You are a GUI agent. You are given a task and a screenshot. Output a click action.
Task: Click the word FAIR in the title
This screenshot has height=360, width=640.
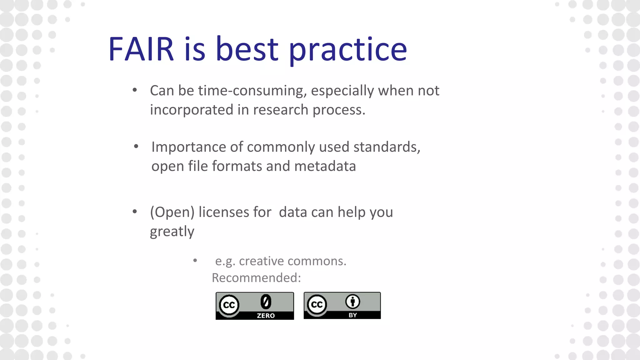141,49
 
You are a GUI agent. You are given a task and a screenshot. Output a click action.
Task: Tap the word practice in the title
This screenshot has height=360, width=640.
348,50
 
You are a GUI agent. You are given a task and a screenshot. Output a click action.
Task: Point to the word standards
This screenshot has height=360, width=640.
387,147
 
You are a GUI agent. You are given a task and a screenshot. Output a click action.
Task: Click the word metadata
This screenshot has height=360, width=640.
325,166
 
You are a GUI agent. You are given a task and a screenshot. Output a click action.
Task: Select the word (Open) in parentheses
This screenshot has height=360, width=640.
172,212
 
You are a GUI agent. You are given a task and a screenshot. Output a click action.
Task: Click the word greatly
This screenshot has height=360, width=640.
172,232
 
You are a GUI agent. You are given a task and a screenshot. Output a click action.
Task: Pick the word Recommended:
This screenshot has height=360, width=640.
256,278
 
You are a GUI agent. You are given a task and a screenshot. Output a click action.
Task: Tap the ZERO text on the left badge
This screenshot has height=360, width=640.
266,316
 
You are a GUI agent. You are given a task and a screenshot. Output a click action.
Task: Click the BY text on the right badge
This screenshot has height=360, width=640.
352,315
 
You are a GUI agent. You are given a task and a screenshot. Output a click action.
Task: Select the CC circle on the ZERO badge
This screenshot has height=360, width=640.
229,305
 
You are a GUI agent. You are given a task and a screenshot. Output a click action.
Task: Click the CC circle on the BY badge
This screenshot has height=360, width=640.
317,304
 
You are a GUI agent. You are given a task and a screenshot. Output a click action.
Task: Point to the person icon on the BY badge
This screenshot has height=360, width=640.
352,302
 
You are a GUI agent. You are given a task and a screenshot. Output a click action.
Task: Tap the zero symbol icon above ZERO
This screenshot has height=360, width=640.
266,302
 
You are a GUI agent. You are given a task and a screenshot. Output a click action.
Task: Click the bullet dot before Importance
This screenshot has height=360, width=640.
136,146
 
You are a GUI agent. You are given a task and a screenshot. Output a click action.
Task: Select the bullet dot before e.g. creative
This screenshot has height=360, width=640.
195,260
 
